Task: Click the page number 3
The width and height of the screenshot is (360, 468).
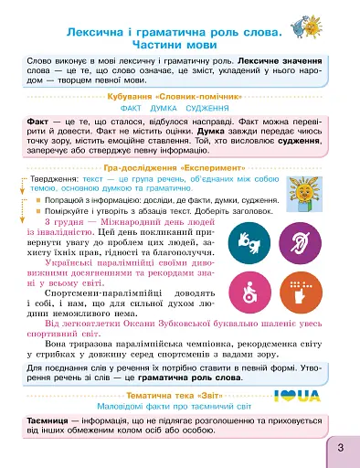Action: (x=339, y=447)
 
